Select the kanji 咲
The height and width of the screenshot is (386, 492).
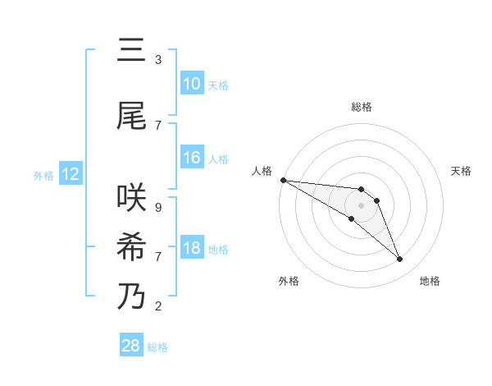[x=131, y=198]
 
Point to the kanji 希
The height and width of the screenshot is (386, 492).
[x=131, y=247]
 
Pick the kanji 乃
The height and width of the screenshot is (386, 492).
[x=131, y=296]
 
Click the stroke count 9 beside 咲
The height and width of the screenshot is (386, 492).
[x=158, y=208]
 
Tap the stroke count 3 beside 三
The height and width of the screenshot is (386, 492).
[x=158, y=60]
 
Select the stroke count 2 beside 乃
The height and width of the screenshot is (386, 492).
[x=158, y=306]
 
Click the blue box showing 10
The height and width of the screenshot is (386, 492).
[x=192, y=84]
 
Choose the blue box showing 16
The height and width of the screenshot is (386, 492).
[x=192, y=158]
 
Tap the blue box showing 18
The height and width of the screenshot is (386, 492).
[x=192, y=248]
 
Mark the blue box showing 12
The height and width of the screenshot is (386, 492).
[x=71, y=174]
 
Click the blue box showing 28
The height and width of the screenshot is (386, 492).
[x=131, y=346]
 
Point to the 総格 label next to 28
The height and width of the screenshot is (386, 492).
[x=157, y=347]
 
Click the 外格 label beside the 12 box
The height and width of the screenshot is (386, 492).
[x=43, y=175]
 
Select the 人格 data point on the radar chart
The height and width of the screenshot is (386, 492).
[x=282, y=179]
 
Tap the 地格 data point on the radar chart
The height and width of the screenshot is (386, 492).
[x=400, y=260]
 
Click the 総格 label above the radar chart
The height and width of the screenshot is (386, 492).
[x=362, y=107]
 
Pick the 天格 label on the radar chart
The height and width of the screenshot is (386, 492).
[x=462, y=171]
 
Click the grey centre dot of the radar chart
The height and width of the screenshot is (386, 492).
[x=362, y=205]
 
